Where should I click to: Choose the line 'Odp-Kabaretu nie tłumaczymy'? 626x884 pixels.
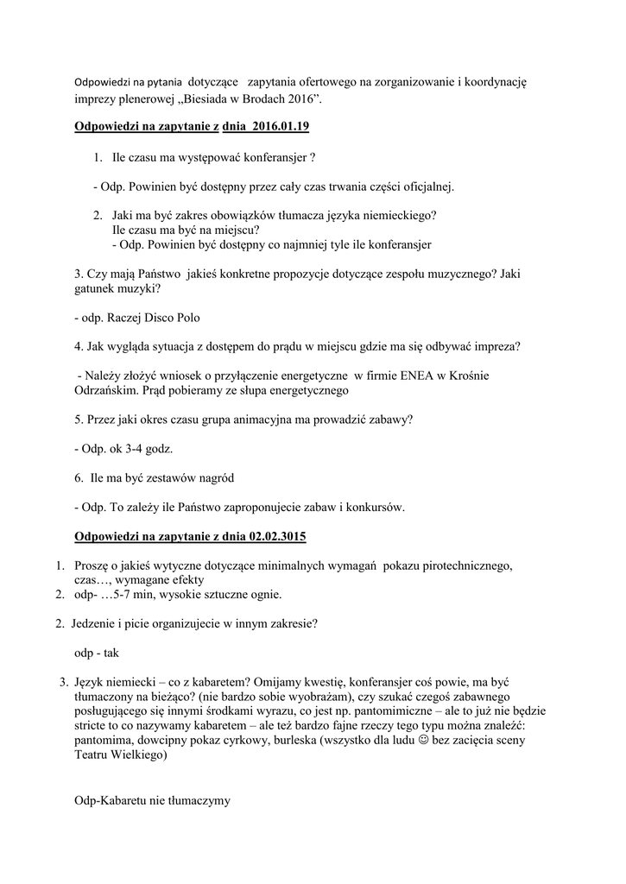point(152,801)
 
